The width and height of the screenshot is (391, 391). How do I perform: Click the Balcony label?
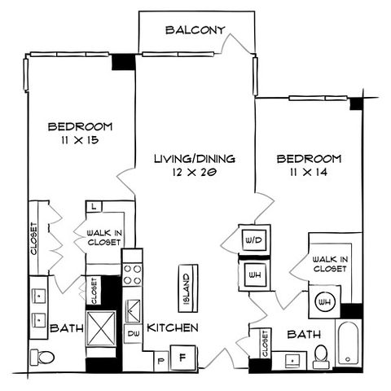coord(195,30)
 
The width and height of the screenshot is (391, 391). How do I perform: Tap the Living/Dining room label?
coord(195,159)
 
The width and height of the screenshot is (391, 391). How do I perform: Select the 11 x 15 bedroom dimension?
coord(80,140)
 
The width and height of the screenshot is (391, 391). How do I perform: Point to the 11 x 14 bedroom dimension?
coord(309,172)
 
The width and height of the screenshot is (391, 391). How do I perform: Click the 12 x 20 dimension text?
coord(195,172)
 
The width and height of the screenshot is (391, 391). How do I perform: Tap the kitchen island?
coord(188,288)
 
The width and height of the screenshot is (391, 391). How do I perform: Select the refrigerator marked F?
coord(183,358)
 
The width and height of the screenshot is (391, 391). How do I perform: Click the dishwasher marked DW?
coord(134,333)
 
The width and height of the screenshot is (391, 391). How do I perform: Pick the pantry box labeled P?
coord(161,361)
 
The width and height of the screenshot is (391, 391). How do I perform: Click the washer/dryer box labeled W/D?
coord(254,240)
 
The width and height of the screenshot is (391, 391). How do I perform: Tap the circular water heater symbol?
coord(325,301)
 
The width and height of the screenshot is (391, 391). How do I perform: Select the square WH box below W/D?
coord(255,275)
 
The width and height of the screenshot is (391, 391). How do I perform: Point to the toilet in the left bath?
coord(42,357)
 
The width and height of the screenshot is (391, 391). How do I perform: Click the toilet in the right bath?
coord(321,357)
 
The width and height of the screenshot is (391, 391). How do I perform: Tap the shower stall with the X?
coord(101,329)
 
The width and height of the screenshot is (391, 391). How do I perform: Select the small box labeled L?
coord(94,207)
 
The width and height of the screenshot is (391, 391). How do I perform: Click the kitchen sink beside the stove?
coord(133,310)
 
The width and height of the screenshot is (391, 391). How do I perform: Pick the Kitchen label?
coord(173,327)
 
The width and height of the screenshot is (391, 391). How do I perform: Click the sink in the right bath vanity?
coord(292,361)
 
